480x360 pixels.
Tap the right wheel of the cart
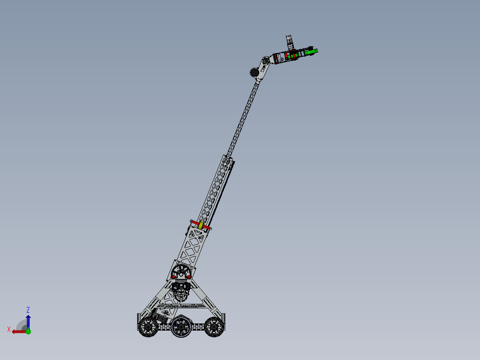214,327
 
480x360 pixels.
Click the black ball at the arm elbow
255,72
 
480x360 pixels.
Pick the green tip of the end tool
314,52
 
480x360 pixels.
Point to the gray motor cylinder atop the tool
289,41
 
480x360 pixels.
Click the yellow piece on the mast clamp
201,225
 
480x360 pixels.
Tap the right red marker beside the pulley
190,277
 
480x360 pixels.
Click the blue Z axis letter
28,310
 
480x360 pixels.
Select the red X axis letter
9,329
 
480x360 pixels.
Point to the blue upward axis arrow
28,320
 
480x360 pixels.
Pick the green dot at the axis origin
28,331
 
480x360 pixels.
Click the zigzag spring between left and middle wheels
164,327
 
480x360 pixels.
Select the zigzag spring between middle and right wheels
198,327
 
